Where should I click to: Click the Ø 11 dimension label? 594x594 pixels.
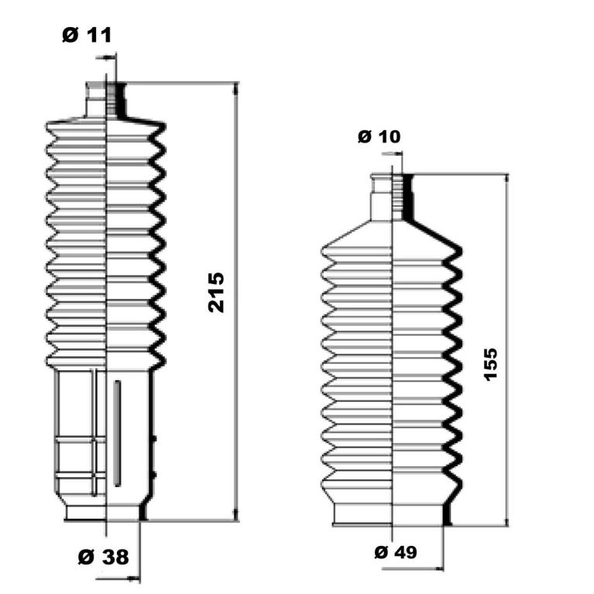[87, 35]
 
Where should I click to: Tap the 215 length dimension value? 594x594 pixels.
[216, 292]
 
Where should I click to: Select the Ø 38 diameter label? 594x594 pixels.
[104, 557]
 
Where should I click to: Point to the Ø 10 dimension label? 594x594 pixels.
[379, 136]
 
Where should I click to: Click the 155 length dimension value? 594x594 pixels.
[490, 364]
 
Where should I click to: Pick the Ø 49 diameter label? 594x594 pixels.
[396, 552]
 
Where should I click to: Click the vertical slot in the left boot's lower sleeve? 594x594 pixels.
[118, 434]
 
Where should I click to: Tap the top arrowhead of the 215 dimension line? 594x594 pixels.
[236, 88]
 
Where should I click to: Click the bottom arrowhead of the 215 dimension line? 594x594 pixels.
[236, 514]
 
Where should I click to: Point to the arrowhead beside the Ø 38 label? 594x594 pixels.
[134, 579]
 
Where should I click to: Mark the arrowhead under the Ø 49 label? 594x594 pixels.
[438, 568]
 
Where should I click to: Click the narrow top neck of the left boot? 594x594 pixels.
[105, 99]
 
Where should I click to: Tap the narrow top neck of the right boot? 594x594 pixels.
[392, 197]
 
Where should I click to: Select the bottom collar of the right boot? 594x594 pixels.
[392, 515]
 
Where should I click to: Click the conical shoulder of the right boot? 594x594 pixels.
[392, 233]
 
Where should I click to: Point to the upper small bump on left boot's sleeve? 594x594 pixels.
[154, 439]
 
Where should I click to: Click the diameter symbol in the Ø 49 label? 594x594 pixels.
[382, 552]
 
